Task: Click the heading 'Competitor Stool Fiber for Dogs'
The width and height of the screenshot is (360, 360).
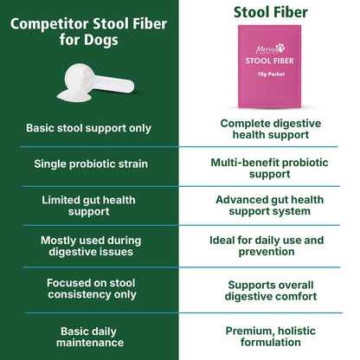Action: tap(88, 32)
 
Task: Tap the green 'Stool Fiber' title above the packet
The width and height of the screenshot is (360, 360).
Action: tap(271, 12)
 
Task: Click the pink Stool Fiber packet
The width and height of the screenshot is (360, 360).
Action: tap(269, 67)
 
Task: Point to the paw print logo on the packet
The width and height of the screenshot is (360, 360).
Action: tap(280, 47)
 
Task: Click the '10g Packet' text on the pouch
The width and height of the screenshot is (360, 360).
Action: tap(271, 74)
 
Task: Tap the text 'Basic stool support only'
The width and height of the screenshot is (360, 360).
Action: tap(88, 128)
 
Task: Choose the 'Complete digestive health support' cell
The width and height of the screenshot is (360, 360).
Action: tap(271, 129)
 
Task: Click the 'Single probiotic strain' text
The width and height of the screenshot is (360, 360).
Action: tap(91, 164)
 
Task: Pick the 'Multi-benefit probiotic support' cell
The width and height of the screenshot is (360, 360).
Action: tap(269, 168)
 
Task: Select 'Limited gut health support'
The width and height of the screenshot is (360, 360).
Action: tap(88, 206)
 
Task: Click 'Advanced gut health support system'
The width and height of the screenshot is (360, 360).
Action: tap(270, 205)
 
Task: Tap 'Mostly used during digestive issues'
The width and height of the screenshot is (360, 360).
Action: tap(91, 246)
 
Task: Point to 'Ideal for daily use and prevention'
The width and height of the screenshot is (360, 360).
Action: tap(267, 246)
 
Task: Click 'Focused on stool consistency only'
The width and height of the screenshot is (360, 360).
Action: tap(91, 289)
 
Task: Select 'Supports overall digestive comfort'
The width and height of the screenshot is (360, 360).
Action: tap(271, 291)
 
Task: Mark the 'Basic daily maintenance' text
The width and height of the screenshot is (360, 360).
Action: tap(90, 337)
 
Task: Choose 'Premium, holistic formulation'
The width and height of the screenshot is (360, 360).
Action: tap(271, 337)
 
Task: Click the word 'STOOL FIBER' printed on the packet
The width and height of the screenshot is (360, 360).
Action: tap(269, 61)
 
